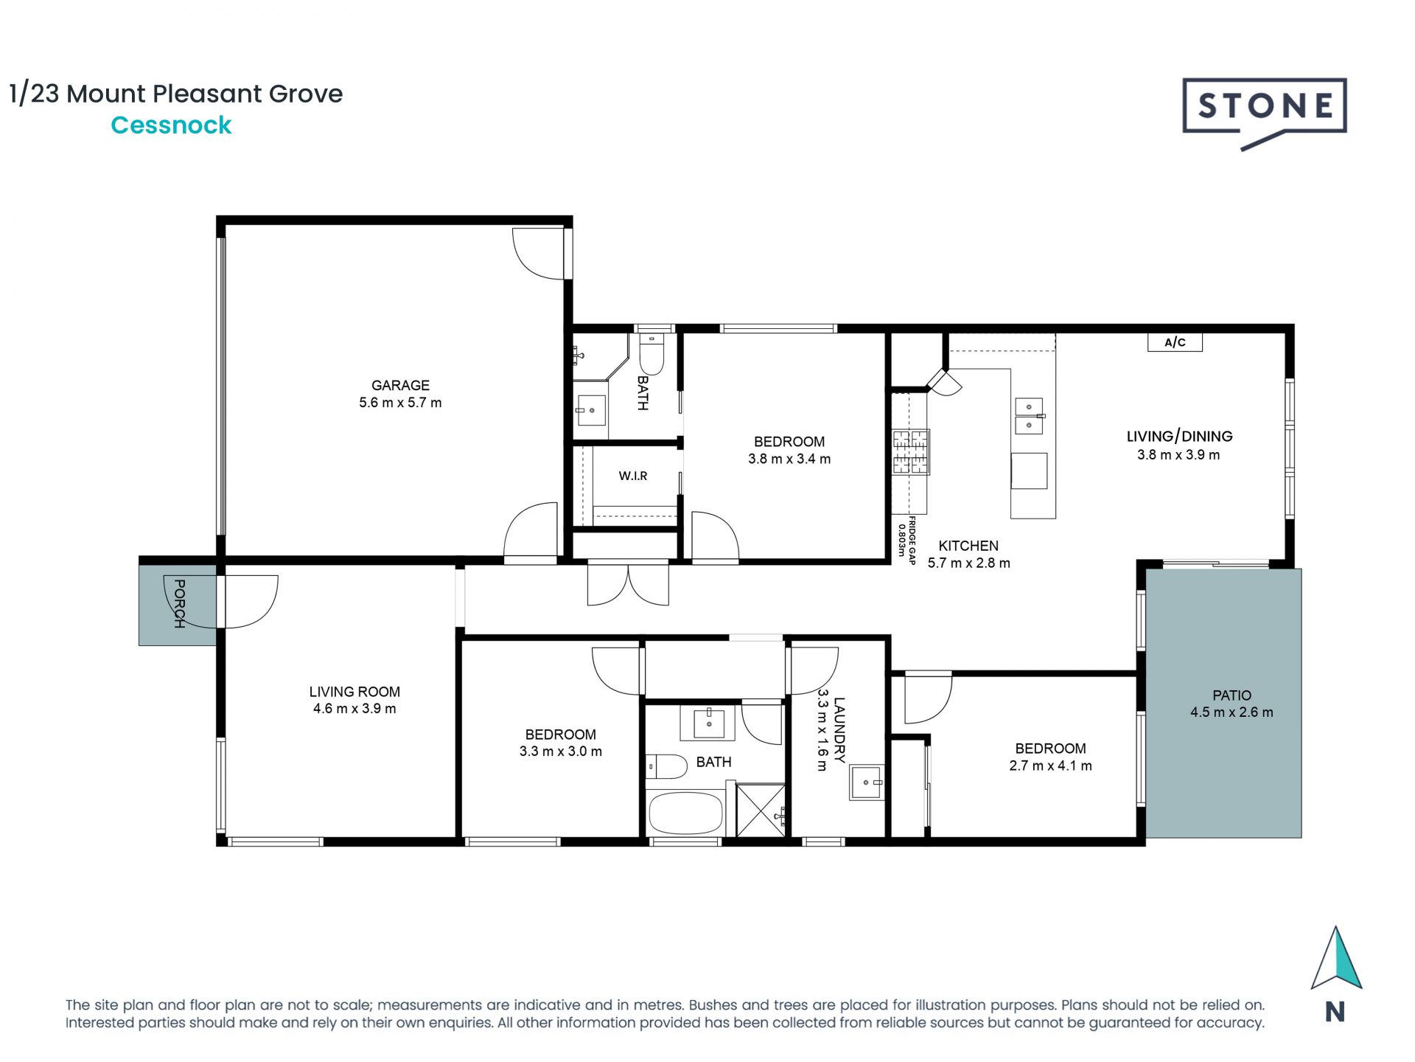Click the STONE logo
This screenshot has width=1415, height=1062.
1265,112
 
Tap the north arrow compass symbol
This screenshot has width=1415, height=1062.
1335,958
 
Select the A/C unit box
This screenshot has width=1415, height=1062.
1175,342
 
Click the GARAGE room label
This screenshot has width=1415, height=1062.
400,385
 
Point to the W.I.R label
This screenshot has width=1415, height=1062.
633,476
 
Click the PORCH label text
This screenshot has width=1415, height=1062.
179,603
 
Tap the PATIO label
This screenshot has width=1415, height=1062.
1231,695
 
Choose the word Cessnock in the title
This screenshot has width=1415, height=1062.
171,125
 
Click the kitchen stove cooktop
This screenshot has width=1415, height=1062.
911,451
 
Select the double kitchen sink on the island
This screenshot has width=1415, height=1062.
1030,417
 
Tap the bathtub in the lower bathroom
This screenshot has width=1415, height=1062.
685,813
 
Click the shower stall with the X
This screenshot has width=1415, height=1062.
761,811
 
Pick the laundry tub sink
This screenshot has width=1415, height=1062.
866,782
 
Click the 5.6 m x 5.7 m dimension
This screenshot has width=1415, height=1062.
400,403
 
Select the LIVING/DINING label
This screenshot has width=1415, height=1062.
1179,437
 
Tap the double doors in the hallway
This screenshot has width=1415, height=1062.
628,583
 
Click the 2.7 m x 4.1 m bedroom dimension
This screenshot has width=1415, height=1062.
1050,766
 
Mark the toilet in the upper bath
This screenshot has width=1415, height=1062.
651,355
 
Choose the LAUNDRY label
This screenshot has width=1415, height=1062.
839,730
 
